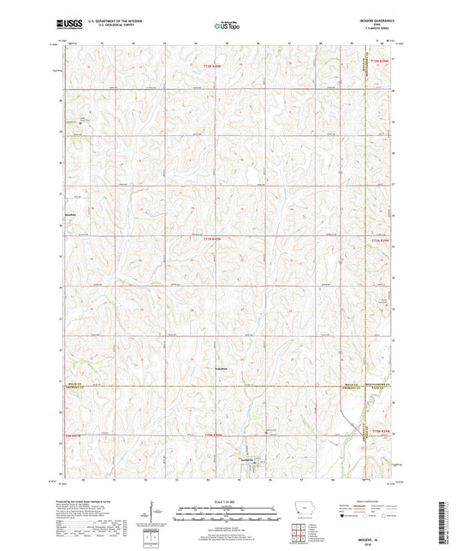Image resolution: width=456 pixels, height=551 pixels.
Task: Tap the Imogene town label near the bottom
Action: point(245,459)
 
